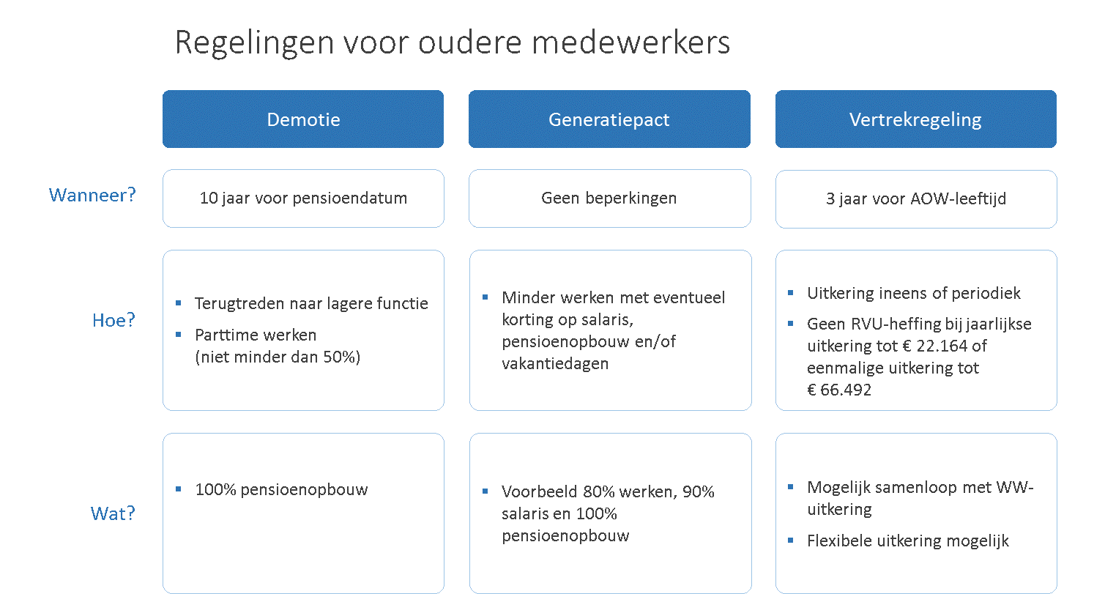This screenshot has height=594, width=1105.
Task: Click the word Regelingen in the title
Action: tap(255, 43)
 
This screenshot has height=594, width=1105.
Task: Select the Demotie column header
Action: tap(303, 119)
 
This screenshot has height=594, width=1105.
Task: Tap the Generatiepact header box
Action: tap(609, 119)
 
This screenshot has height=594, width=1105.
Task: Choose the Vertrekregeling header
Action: tap(915, 119)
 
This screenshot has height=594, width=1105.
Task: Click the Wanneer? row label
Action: tap(92, 195)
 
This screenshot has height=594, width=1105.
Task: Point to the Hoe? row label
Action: tap(114, 320)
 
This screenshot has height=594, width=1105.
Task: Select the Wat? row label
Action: tap(113, 513)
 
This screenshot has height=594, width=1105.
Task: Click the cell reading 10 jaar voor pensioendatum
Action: tap(303, 198)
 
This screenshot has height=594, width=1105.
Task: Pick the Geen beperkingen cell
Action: tap(610, 198)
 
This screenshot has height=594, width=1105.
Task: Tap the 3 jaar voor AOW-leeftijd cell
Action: tap(916, 198)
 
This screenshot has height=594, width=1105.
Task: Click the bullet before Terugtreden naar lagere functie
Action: tap(179, 303)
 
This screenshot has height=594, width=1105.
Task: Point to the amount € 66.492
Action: tap(839, 390)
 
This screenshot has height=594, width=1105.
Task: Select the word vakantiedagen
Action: tap(555, 363)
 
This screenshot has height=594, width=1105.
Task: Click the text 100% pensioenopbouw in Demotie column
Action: tap(281, 489)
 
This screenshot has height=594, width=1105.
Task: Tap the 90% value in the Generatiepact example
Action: tap(698, 491)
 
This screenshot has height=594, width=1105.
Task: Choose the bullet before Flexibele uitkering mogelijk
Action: tap(791, 541)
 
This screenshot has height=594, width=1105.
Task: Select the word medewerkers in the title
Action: tap(630, 43)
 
